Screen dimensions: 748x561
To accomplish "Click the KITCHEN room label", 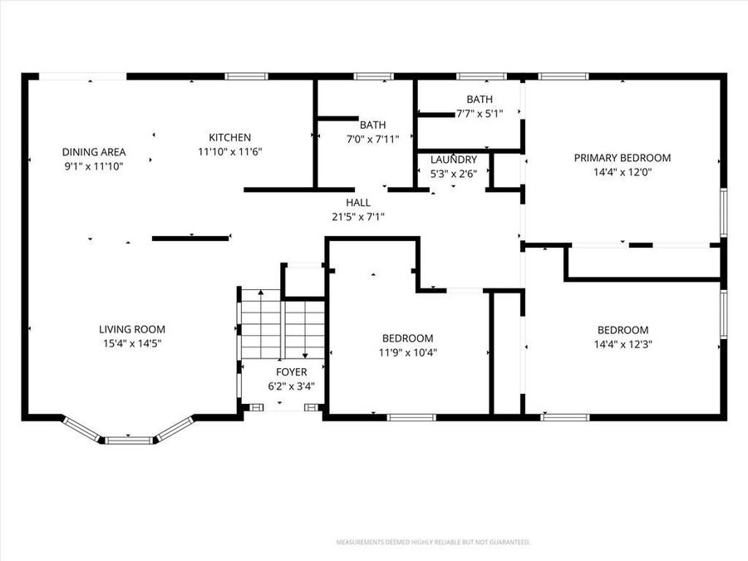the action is pyautogui.click(x=230, y=137).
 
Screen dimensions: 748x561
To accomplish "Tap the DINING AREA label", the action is pyautogui.click(x=94, y=152).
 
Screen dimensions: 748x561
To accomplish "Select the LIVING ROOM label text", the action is pyautogui.click(x=132, y=329).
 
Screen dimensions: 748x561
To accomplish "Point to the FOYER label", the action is pyautogui.click(x=292, y=372).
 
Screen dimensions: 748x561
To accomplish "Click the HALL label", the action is pyautogui.click(x=358, y=202).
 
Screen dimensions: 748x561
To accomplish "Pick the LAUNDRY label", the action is pyautogui.click(x=454, y=160).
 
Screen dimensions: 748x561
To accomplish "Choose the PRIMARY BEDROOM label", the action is pyautogui.click(x=623, y=157).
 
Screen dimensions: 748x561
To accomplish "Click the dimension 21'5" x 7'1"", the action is pyautogui.click(x=358, y=217).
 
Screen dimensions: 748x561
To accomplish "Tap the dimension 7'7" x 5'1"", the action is pyautogui.click(x=480, y=114).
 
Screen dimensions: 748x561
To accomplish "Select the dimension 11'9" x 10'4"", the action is pyautogui.click(x=408, y=353).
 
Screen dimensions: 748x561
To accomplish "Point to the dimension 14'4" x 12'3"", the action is pyautogui.click(x=623, y=344).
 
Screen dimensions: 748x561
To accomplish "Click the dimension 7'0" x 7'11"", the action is pyautogui.click(x=372, y=140).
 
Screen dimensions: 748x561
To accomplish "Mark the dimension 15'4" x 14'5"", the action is pyautogui.click(x=132, y=343).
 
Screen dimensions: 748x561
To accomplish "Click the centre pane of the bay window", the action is pyautogui.click(x=128, y=440).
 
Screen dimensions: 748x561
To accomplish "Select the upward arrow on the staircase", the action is pyautogui.click(x=260, y=323).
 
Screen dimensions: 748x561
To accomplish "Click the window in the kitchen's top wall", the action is pyautogui.click(x=246, y=76).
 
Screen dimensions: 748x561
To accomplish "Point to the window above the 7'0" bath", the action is pyautogui.click(x=373, y=76).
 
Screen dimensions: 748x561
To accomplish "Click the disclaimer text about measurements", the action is pyautogui.click(x=433, y=543).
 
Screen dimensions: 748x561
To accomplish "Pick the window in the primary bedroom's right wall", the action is pyautogui.click(x=724, y=212).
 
